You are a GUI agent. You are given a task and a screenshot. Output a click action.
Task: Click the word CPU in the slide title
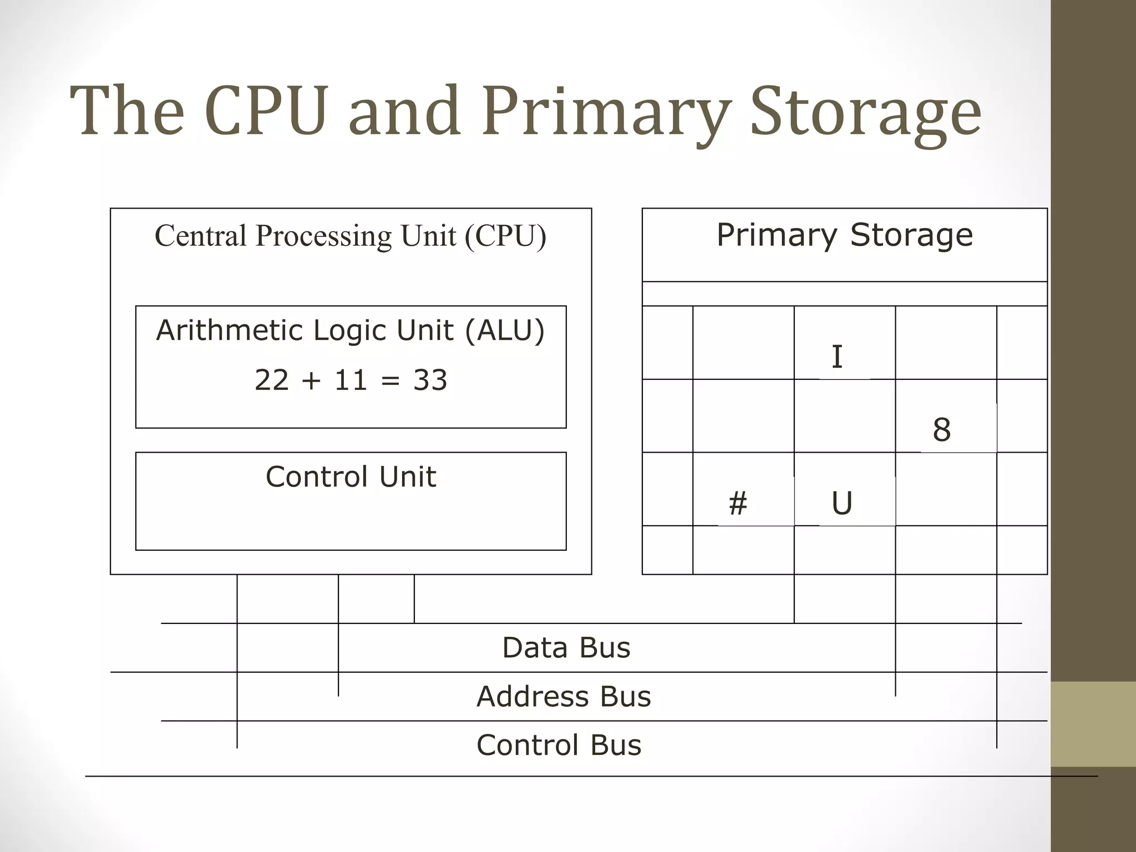point(266,111)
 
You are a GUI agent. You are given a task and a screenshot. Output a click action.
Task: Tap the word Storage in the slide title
point(865,114)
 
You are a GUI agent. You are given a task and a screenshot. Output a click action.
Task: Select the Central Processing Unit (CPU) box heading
point(351,236)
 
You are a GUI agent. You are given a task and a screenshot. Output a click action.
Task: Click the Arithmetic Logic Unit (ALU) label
point(351,331)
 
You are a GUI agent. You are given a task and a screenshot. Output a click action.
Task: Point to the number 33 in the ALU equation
point(430,381)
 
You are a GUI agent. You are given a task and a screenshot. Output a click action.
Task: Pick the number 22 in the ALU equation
point(272,381)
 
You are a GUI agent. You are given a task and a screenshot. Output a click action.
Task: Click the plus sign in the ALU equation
point(312,381)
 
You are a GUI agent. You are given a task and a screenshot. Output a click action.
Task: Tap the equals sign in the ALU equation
point(390,381)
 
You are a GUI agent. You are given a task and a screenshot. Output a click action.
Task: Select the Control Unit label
point(351,477)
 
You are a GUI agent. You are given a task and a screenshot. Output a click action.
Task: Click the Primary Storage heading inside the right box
point(844,235)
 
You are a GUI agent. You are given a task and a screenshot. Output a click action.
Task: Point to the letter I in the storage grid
point(837,357)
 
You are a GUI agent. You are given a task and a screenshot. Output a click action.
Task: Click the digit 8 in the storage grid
point(941,430)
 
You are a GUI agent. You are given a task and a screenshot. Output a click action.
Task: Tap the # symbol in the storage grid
point(738,504)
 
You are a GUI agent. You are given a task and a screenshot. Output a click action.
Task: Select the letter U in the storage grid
point(841,504)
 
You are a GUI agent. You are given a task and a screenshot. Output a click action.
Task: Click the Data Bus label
point(566,648)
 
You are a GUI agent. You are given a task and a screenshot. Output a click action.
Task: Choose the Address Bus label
point(563,697)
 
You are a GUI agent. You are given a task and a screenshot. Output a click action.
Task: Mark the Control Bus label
point(559,745)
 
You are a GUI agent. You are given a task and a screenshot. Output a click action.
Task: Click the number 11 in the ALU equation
point(351,381)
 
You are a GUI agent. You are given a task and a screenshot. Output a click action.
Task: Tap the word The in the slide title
point(128,111)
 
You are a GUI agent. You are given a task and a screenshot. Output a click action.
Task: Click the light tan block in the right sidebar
point(1093,724)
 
